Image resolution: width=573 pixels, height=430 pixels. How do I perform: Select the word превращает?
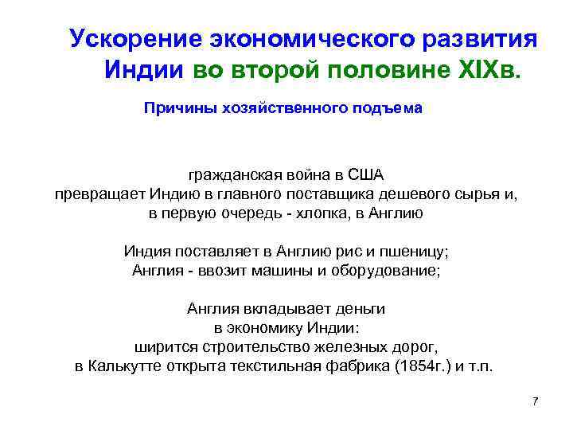[99, 193]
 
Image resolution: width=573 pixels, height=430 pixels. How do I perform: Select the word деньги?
[357, 308]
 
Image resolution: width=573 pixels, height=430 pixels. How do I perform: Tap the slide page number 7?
[535, 401]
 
